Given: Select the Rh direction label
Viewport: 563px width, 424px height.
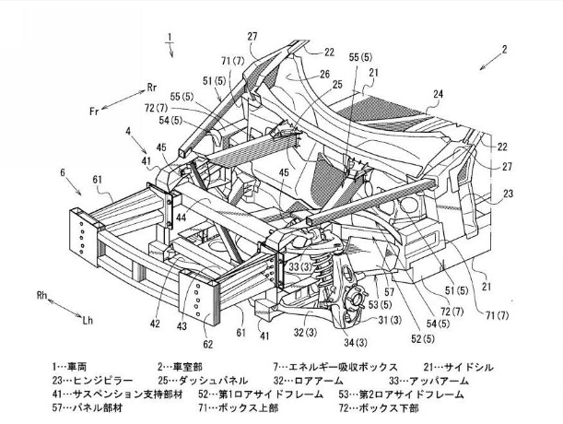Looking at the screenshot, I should tap(41, 296).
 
